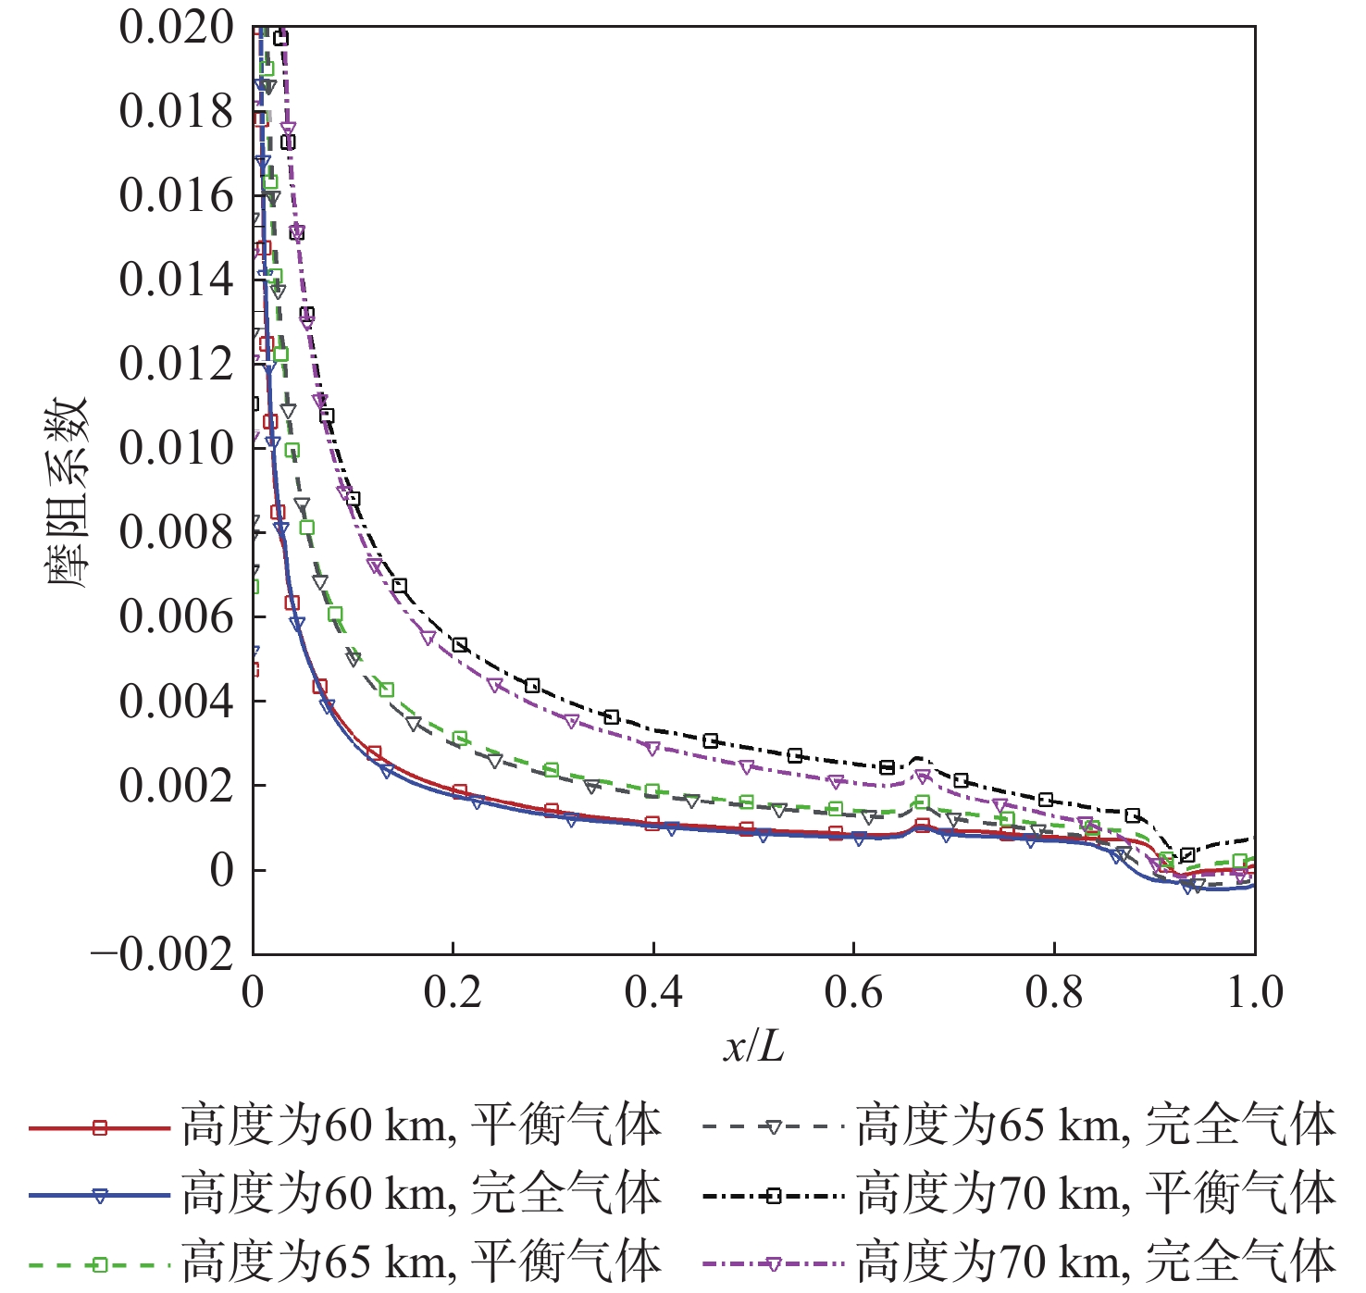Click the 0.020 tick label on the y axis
coord(176,28)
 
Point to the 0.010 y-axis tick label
coord(176,449)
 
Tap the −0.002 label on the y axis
coord(163,954)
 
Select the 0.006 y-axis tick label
coord(176,617)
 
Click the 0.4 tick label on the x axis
coord(653,993)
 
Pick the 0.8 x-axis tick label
coord(1054,993)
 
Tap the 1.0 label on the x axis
coord(1255,993)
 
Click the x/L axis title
coord(753,1047)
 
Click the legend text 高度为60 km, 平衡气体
coord(421,1126)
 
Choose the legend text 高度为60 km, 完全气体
coord(421,1194)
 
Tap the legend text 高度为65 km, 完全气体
coord(1096,1126)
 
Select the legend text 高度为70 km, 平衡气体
coord(1096,1194)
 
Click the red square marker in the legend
coord(100,1127)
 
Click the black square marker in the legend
coord(774,1196)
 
